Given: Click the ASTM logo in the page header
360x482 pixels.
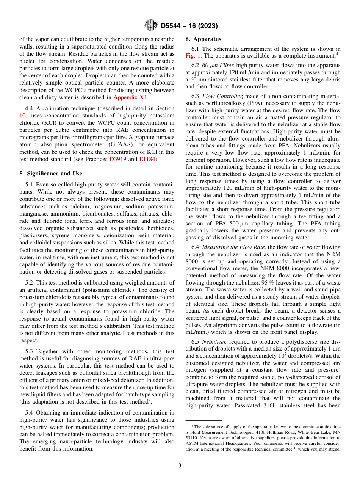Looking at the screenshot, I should (150, 25).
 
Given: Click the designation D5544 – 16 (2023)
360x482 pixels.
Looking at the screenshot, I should (189, 26).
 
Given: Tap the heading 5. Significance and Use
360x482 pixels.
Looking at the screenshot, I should (51, 174).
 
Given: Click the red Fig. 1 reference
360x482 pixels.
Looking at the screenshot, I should (193, 55).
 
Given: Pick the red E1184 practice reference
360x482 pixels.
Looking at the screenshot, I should (147, 159).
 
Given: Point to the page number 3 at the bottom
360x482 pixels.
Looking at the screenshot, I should (180, 465).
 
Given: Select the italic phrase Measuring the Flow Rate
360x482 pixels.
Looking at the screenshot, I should (234, 247).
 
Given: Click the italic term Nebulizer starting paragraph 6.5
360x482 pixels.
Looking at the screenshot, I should (215, 341).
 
